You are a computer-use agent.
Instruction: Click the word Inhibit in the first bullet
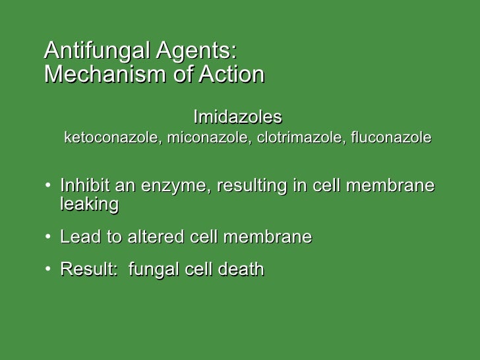pos(82,187)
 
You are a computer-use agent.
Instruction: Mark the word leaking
pos(89,205)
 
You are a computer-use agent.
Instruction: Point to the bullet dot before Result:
pos(49,269)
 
